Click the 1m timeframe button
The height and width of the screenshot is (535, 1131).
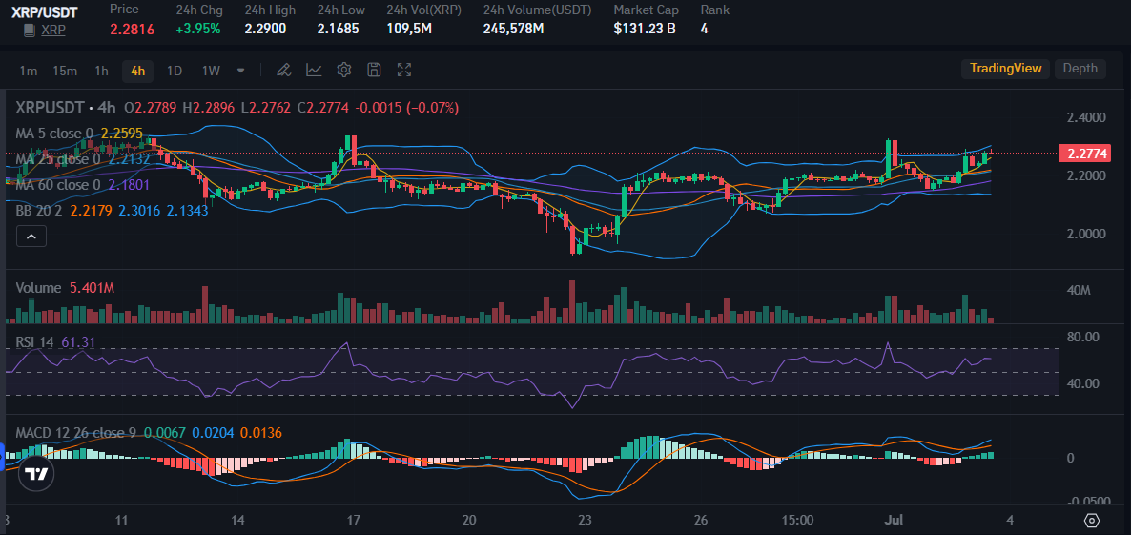[x=29, y=71]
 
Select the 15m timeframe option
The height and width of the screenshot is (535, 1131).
[x=65, y=71]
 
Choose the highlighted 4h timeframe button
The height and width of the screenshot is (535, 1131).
[x=138, y=71]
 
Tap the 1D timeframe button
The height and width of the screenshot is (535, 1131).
[x=175, y=71]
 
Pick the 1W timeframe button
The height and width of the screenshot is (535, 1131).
[x=211, y=71]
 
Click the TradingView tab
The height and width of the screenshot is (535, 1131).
[x=1005, y=69]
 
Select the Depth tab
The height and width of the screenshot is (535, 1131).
[x=1080, y=69]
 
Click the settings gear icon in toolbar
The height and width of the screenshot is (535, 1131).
[x=344, y=70]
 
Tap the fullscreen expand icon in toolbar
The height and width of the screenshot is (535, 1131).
[x=404, y=70]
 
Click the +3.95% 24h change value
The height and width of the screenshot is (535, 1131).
[x=198, y=29]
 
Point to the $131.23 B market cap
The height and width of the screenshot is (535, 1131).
[x=645, y=29]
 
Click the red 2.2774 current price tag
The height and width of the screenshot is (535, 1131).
[x=1087, y=154]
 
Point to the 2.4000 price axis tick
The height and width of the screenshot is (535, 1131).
[x=1087, y=118]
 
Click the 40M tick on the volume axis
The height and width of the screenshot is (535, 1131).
[x=1079, y=290]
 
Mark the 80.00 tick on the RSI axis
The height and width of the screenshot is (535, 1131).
[x=1083, y=337]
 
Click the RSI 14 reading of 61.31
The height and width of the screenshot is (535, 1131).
[x=78, y=341]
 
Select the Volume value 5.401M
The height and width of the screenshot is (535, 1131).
[x=93, y=287]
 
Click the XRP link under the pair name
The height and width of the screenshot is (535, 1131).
[x=52, y=31]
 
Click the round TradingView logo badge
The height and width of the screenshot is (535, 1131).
[x=37, y=474]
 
